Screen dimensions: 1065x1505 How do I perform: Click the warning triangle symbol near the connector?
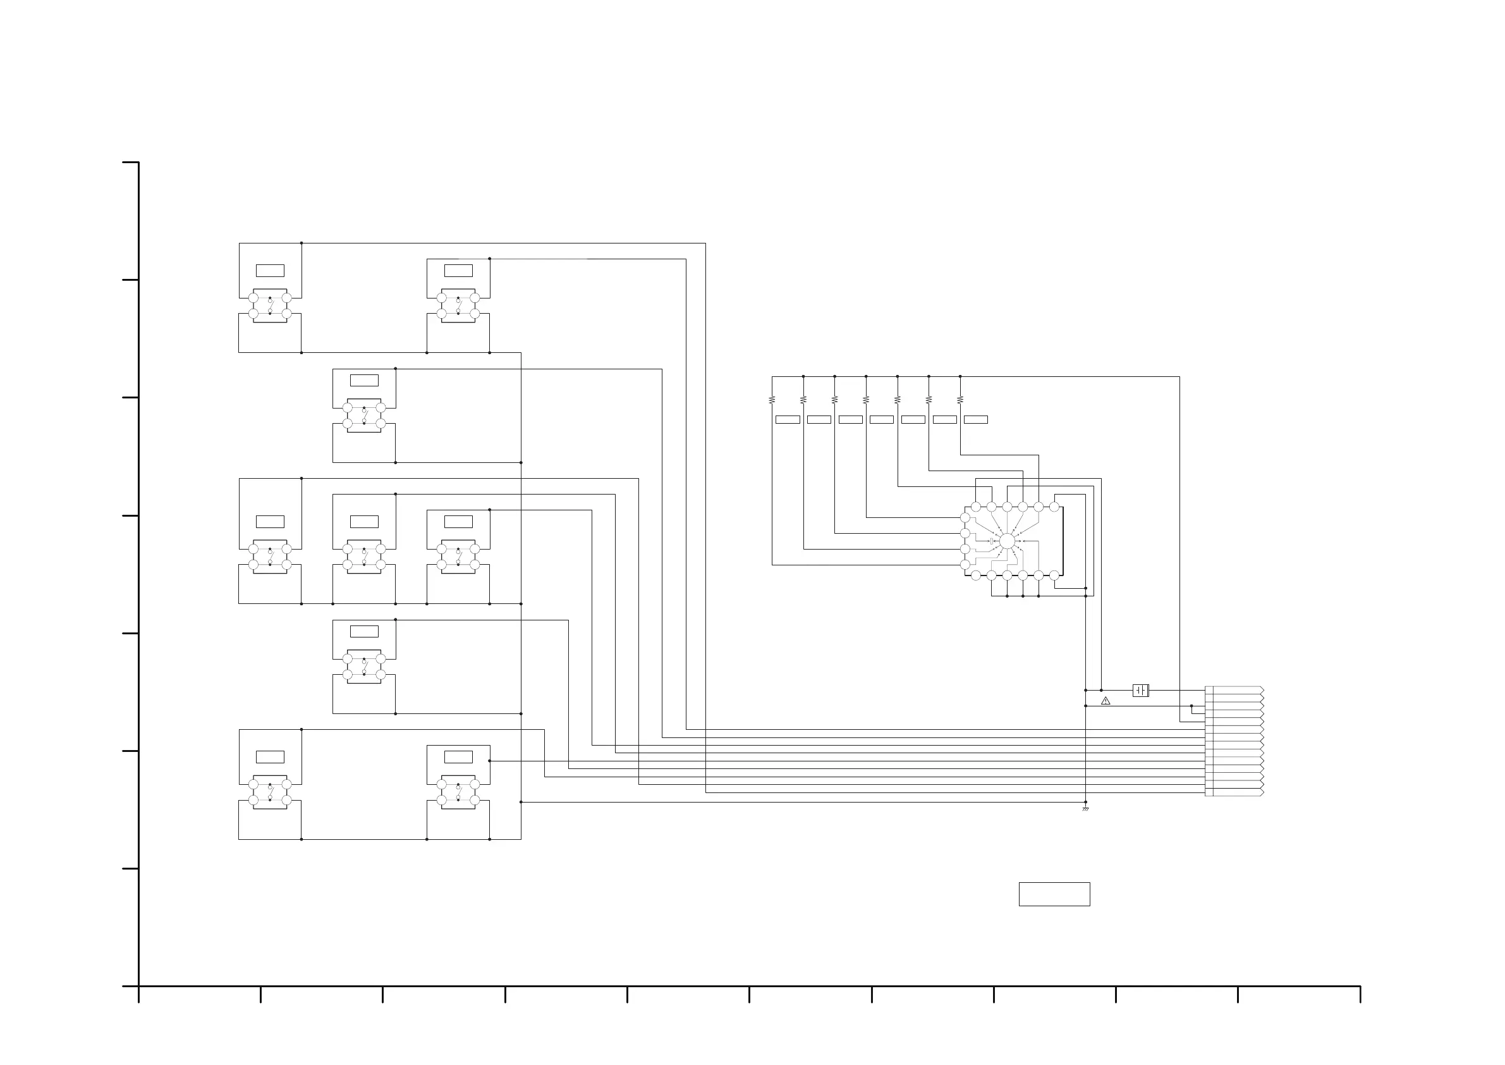point(1105,701)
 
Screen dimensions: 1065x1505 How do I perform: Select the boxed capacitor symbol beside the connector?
point(1140,690)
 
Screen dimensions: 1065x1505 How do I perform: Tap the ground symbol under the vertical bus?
point(1085,810)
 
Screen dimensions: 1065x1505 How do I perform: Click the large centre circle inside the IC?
point(1007,541)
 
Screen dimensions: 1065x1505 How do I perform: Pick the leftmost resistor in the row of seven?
point(772,400)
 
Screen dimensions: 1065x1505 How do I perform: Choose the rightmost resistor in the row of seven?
point(960,400)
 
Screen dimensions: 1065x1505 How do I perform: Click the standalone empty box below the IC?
point(1054,894)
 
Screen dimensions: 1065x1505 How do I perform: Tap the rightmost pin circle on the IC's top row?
point(1054,507)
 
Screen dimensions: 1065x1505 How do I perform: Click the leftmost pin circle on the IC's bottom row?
point(975,575)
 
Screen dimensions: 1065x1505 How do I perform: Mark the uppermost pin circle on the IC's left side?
point(965,517)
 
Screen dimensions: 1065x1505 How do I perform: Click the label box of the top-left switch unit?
point(270,270)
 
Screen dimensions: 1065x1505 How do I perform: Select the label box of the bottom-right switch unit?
point(458,757)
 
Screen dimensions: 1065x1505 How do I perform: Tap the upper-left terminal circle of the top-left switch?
point(253,298)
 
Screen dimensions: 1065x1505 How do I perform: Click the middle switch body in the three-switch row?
point(364,557)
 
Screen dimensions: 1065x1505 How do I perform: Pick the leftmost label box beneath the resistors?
point(787,420)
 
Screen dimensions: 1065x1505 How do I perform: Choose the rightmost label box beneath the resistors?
point(975,420)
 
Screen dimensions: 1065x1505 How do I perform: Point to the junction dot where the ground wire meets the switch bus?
point(521,802)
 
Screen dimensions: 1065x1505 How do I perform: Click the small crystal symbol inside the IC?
point(992,541)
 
